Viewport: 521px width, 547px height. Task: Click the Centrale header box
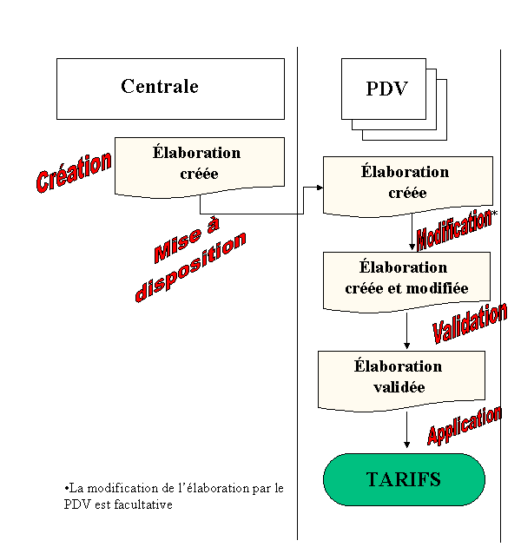pyautogui.click(x=170, y=89)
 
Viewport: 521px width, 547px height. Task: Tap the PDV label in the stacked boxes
pyautogui.click(x=386, y=89)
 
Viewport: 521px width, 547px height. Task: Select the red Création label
pyautogui.click(x=74, y=172)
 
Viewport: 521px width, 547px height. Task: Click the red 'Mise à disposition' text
pyautogui.click(x=191, y=260)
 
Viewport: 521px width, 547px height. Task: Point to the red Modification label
pyautogui.click(x=453, y=229)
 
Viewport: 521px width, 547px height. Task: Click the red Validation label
pyautogui.click(x=470, y=323)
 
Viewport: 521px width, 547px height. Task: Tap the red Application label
pyautogui.click(x=465, y=425)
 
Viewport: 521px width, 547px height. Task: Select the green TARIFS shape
pyautogui.click(x=404, y=479)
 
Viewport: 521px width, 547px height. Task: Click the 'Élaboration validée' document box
pyautogui.click(x=401, y=380)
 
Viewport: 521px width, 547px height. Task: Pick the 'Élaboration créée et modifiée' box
pyautogui.click(x=406, y=281)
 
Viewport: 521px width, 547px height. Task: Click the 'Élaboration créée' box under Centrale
pyautogui.click(x=200, y=167)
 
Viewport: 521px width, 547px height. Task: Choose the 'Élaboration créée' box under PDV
pyautogui.click(x=408, y=186)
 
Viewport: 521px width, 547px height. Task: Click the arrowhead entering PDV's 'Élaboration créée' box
pyautogui.click(x=320, y=188)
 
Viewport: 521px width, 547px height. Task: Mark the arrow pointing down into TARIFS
pyautogui.click(x=406, y=430)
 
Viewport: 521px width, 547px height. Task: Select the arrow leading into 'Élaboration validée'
pyautogui.click(x=406, y=330)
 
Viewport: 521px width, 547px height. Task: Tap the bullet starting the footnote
pyautogui.click(x=66, y=488)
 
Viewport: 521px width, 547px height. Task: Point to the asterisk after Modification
pyautogui.click(x=495, y=212)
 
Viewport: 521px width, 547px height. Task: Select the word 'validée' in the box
pyautogui.click(x=399, y=387)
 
